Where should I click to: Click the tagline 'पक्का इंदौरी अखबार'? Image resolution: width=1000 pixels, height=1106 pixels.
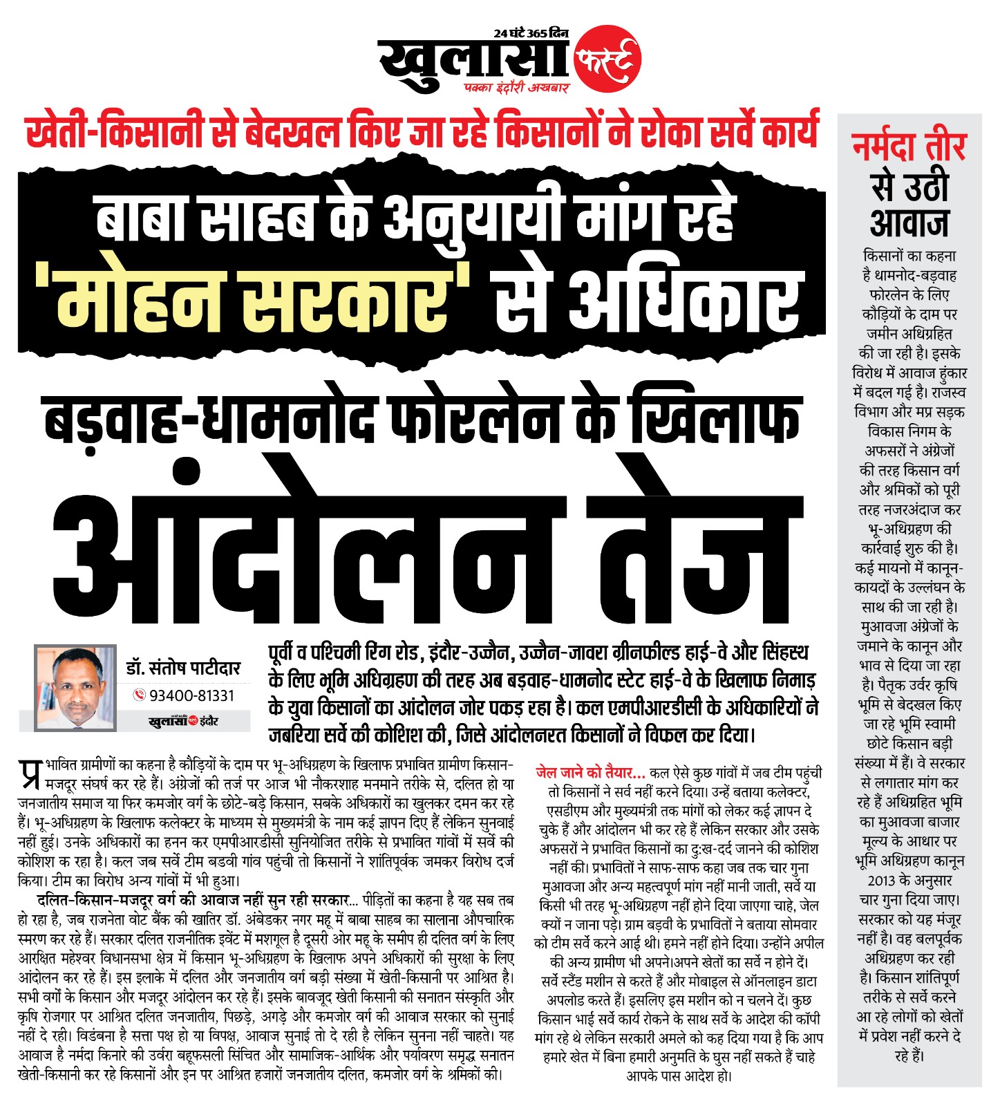pos(516,88)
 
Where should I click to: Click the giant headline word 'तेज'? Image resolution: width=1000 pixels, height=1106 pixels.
pos(698,546)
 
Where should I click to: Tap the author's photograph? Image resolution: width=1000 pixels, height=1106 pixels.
pos(75,688)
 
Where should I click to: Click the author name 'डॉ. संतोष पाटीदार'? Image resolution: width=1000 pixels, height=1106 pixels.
pos(183,668)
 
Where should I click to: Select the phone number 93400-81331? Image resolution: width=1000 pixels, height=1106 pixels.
pos(192,695)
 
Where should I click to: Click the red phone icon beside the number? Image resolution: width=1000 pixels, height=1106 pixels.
pos(139,695)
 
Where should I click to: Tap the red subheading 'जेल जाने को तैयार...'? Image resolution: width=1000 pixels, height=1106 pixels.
pos(590,772)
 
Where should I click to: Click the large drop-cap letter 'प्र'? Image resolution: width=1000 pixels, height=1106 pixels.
pos(30,774)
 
